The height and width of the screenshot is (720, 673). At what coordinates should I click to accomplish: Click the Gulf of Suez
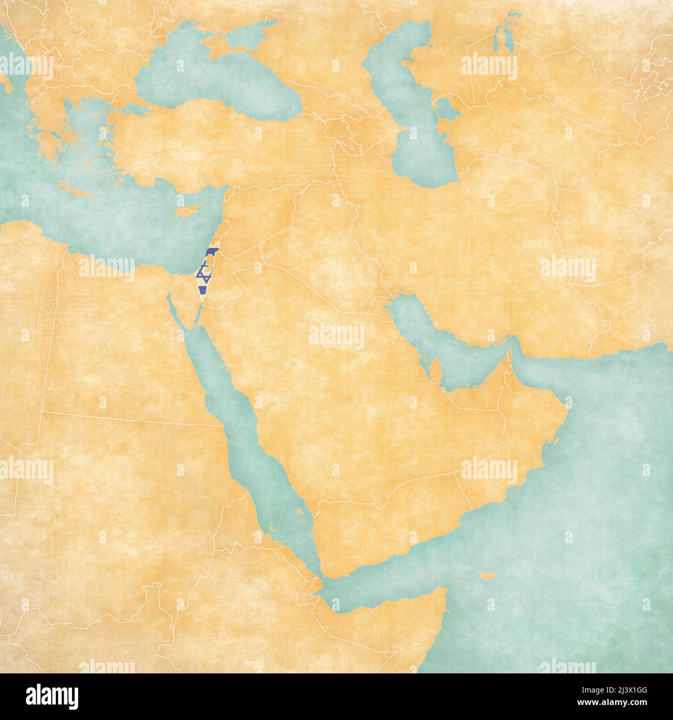tap(174, 311)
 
